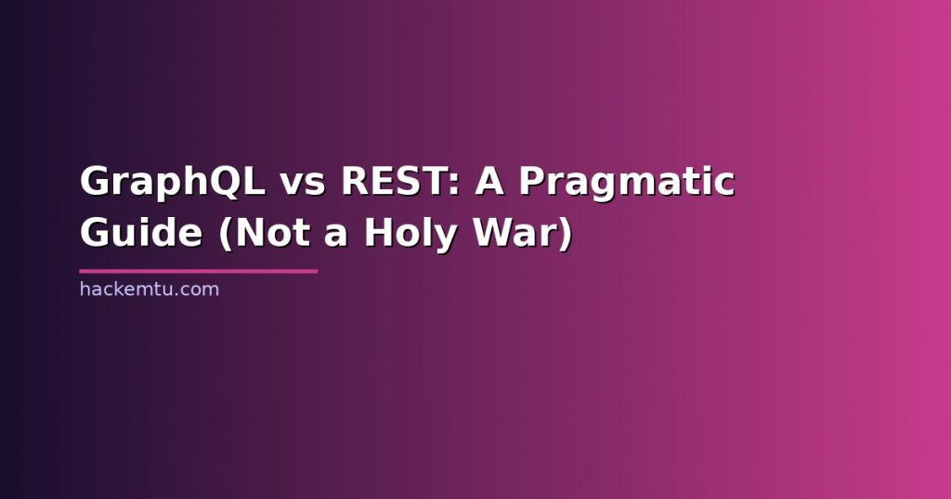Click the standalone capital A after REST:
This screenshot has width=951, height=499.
click(489, 181)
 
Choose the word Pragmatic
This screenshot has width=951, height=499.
click(627, 183)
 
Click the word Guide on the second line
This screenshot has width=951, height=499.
click(141, 233)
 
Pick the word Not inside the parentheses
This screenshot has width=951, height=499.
click(274, 233)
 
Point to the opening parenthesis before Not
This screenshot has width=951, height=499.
click(227, 235)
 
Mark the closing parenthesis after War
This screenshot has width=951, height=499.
click(566, 235)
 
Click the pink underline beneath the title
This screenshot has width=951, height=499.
click(199, 272)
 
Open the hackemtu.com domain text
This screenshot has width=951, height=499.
click(150, 288)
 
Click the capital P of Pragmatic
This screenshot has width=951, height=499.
click(533, 181)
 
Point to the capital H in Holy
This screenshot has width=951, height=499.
click(379, 233)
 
